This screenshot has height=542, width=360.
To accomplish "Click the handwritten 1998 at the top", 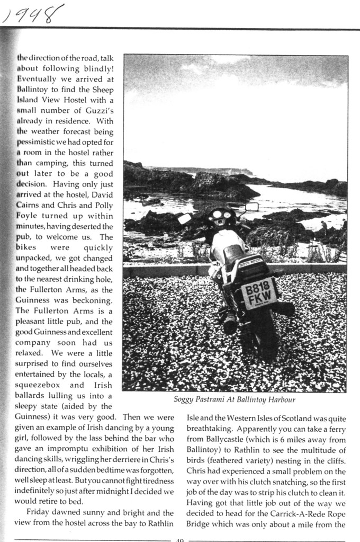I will tap(33, 14).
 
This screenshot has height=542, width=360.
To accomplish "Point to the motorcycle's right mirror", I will tap(252, 207).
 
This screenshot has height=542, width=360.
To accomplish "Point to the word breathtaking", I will tap(210, 428).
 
